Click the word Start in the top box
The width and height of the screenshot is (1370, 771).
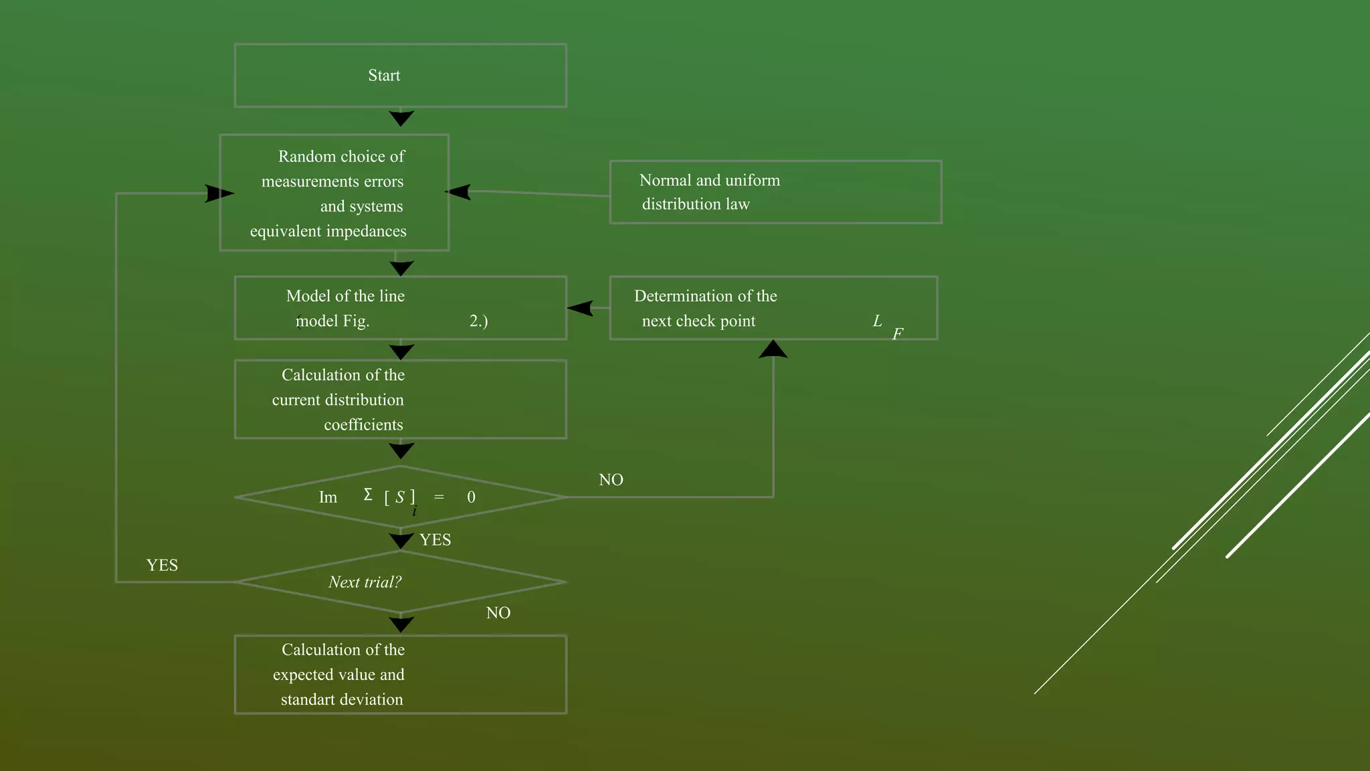pos(384,76)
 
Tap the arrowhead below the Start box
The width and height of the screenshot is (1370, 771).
pos(401,118)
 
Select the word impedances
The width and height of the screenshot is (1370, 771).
pos(365,232)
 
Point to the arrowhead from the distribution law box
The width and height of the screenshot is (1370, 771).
pos(458,192)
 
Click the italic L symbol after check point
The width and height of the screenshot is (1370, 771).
pos(877,321)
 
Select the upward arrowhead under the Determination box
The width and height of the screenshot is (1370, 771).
pos(773,349)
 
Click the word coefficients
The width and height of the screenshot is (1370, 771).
pos(363,425)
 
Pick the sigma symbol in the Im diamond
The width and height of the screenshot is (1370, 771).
pos(368,495)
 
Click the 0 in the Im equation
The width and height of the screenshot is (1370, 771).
pos(471,497)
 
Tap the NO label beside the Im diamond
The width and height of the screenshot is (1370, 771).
pos(611,480)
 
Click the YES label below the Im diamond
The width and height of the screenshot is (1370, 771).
pos(435,540)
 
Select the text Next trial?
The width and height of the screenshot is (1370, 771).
pos(365,582)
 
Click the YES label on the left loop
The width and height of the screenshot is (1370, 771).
pos(162,566)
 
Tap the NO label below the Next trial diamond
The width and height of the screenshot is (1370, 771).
pos(498,613)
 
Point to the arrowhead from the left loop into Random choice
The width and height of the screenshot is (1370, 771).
pos(219,193)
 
